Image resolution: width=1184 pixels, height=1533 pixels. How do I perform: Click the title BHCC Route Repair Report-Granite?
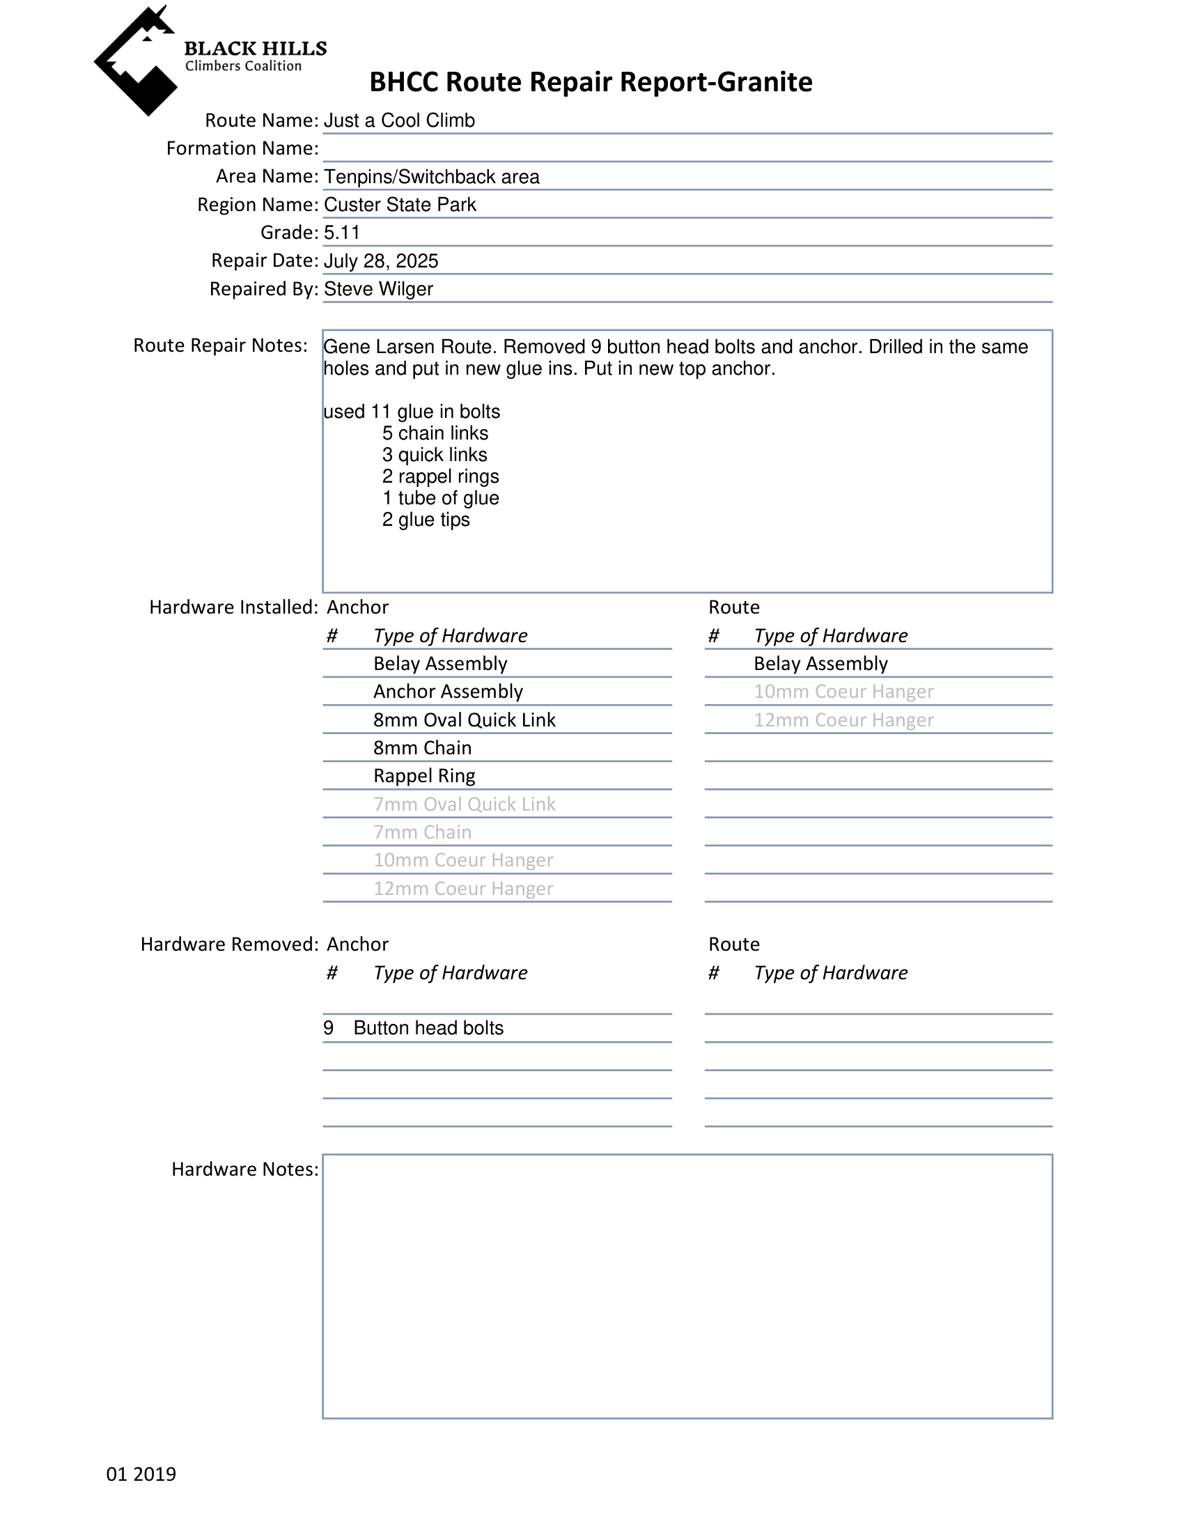590,82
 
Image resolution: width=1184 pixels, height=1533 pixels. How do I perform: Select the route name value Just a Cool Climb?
398,120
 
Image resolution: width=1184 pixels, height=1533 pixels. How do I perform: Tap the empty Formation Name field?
687,149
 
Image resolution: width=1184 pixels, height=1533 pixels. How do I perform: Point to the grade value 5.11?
342,233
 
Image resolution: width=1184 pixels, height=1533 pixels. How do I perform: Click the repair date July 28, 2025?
380,261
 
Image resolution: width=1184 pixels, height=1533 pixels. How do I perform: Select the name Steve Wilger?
378,289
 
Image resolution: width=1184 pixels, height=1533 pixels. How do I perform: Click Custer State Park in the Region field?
399,205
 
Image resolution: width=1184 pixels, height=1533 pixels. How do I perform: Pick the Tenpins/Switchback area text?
431,177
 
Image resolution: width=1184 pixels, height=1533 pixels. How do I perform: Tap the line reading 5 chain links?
435,433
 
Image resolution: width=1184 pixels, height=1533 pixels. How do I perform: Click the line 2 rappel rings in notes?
440,476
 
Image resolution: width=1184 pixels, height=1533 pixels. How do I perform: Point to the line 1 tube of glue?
440,499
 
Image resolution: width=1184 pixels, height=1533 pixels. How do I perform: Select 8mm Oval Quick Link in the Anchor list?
464,720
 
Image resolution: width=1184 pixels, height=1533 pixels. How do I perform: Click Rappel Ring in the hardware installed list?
424,777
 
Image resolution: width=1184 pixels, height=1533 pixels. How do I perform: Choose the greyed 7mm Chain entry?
422,832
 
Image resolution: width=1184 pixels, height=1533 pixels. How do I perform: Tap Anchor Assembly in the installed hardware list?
448,692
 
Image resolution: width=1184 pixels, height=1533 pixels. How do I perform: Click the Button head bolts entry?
428,1028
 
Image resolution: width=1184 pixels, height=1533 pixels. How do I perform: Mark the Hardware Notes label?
244,1169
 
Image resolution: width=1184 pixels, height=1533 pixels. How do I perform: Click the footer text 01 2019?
141,1474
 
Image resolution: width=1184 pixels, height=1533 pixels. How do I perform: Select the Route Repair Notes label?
220,345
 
